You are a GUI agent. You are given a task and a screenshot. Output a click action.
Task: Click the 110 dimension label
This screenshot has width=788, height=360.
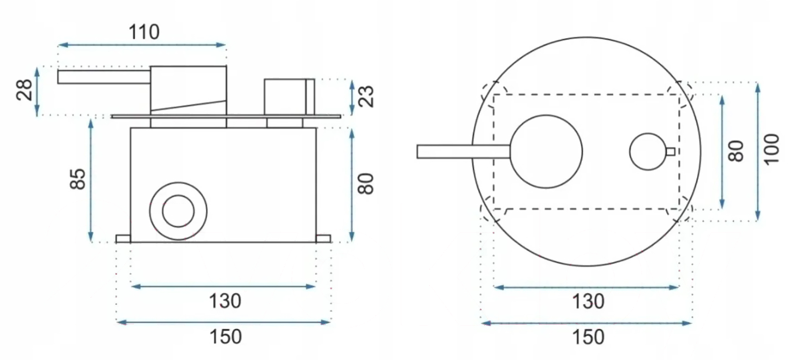click(144, 32)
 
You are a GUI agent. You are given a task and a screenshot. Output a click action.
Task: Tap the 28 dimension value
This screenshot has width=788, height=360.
click(25, 90)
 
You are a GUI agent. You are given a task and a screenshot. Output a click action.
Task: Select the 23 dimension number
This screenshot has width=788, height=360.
click(366, 96)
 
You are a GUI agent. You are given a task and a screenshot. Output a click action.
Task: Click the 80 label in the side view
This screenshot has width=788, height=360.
click(366, 184)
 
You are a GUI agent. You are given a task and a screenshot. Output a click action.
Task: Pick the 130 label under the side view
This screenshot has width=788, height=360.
click(225, 301)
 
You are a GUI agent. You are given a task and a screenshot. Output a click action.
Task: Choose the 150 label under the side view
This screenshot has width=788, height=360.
click(225, 337)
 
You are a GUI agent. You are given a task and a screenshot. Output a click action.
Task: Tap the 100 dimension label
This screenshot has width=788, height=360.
click(772, 148)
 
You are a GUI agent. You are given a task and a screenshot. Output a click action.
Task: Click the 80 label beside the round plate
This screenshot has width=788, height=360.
click(736, 151)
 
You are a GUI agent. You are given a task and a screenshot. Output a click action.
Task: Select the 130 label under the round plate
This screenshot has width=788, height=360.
click(588, 302)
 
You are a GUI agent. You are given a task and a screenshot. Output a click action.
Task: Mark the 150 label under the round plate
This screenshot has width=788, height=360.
click(588, 337)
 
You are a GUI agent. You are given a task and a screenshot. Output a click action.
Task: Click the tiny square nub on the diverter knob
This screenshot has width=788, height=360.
click(670, 152)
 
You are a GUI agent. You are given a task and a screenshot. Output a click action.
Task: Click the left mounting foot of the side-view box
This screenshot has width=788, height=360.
click(123, 238)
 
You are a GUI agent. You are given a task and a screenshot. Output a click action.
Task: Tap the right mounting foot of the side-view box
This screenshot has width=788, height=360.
click(323, 238)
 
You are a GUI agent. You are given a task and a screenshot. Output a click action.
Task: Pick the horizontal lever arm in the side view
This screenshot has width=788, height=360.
click(104, 77)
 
